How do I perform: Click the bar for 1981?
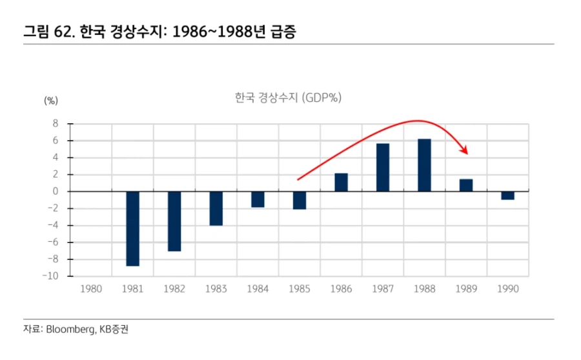click(132, 228)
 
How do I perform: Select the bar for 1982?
click(174, 221)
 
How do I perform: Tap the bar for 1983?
click(216, 208)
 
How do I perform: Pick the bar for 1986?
click(341, 183)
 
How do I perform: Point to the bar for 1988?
click(424, 165)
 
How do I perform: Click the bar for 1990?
click(507, 195)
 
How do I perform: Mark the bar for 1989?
click(466, 185)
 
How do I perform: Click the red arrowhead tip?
click(467, 153)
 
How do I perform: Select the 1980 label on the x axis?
click(91, 289)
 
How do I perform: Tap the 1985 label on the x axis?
click(300, 289)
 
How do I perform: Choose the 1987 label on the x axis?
click(383, 289)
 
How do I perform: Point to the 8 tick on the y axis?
click(56, 124)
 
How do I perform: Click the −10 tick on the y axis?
click(52, 276)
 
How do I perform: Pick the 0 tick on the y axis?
click(56, 192)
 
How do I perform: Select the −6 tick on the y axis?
click(53, 243)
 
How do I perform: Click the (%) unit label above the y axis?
click(51, 101)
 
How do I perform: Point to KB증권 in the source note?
click(114, 330)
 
